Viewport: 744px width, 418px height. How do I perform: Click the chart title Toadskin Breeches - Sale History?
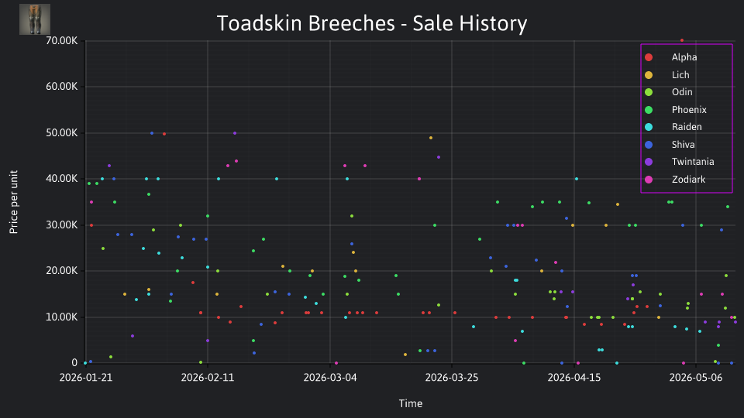[372, 24]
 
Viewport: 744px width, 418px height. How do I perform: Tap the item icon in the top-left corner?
[35, 19]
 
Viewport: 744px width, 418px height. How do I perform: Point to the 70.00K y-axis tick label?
[62, 41]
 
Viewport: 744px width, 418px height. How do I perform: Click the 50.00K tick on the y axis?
[62, 132]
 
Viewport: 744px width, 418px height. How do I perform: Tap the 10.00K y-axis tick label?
[62, 317]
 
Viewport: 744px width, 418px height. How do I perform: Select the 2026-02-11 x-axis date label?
[208, 378]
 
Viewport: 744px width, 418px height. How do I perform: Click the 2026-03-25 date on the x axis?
[452, 378]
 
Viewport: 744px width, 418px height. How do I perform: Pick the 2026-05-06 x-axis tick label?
[696, 378]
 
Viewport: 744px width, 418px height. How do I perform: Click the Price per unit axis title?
[14, 202]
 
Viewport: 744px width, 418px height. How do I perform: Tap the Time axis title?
[411, 403]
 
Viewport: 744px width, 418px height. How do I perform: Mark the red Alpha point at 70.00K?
[682, 40]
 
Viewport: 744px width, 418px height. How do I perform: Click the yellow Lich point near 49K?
[431, 138]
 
